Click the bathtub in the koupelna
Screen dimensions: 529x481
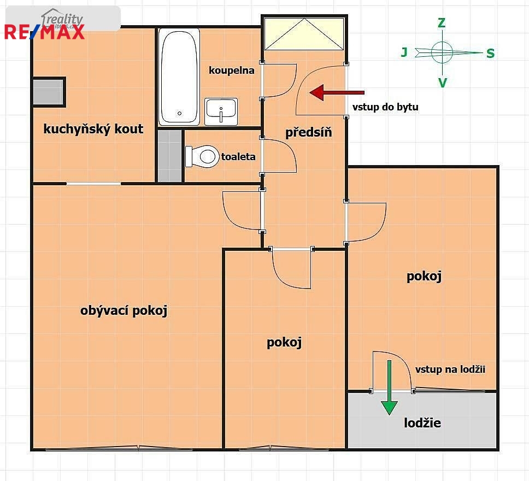point(179,77)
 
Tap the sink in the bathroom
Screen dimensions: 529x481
point(221,112)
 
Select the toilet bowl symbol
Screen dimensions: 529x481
point(202,156)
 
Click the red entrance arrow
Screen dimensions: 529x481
point(337,92)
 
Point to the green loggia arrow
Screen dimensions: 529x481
point(389,388)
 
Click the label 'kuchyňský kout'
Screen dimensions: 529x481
point(93,129)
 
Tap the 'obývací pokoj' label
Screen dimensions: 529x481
point(124,310)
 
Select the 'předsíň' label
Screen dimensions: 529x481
point(308,132)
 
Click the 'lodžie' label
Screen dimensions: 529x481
point(422,423)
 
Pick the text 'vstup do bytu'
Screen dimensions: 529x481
point(385,107)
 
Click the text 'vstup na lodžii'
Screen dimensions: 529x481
point(450,369)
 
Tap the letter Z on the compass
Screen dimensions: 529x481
point(441,23)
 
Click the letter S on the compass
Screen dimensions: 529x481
point(491,54)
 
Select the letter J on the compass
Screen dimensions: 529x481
point(404,52)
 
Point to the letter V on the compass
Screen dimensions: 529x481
point(442,83)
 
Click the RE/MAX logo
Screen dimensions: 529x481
point(44,32)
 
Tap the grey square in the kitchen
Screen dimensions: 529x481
point(49,92)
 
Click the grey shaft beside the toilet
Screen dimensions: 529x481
point(170,156)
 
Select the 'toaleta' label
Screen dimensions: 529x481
point(238,157)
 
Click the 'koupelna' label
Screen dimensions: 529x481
point(232,70)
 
